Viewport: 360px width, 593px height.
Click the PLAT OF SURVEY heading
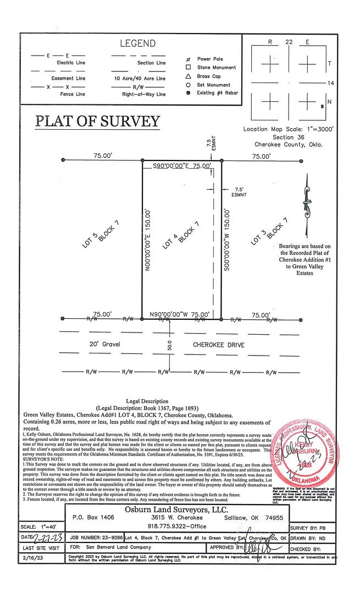tap(98, 121)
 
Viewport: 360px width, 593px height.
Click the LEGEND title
tap(137, 43)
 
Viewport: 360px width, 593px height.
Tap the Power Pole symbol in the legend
tap(188, 59)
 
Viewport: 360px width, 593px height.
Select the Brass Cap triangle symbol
tap(188, 76)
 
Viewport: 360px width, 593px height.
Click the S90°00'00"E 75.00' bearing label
tap(176, 165)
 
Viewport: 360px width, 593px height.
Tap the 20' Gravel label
tap(104, 345)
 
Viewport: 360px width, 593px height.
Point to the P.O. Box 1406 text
tap(93, 518)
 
